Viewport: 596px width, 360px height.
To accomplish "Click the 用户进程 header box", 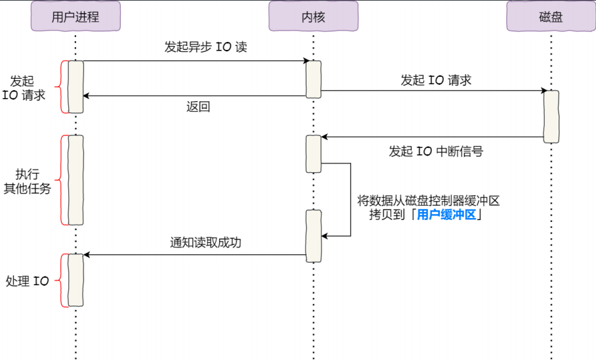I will pos(75,16).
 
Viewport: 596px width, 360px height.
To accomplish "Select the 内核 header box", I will pos(313,16).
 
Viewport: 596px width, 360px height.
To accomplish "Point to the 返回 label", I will pos(198,107).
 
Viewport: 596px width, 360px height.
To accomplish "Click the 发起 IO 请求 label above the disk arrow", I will pos(436,80).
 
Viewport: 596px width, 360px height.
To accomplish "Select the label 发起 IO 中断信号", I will pos(436,152).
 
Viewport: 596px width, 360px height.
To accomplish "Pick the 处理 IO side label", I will pos(28,281).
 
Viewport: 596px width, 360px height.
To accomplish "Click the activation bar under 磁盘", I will pos(551,116).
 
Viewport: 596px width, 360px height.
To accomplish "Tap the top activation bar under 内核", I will pos(313,79).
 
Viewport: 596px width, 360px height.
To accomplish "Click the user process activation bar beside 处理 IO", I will pos(75,281).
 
